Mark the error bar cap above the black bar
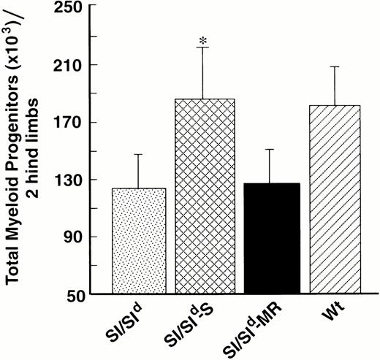[x=266, y=149]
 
